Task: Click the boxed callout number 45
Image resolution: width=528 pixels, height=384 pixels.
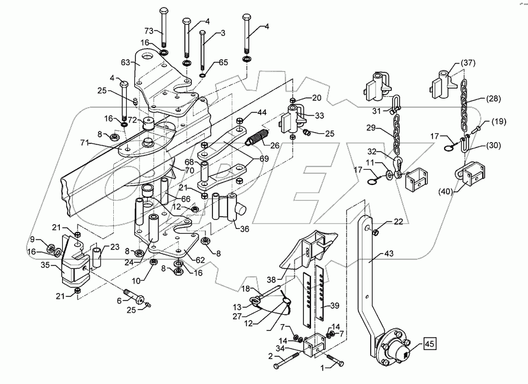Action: [429, 345]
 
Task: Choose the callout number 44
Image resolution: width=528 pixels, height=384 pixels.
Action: [260, 112]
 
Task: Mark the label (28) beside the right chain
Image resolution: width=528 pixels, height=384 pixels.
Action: [494, 99]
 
